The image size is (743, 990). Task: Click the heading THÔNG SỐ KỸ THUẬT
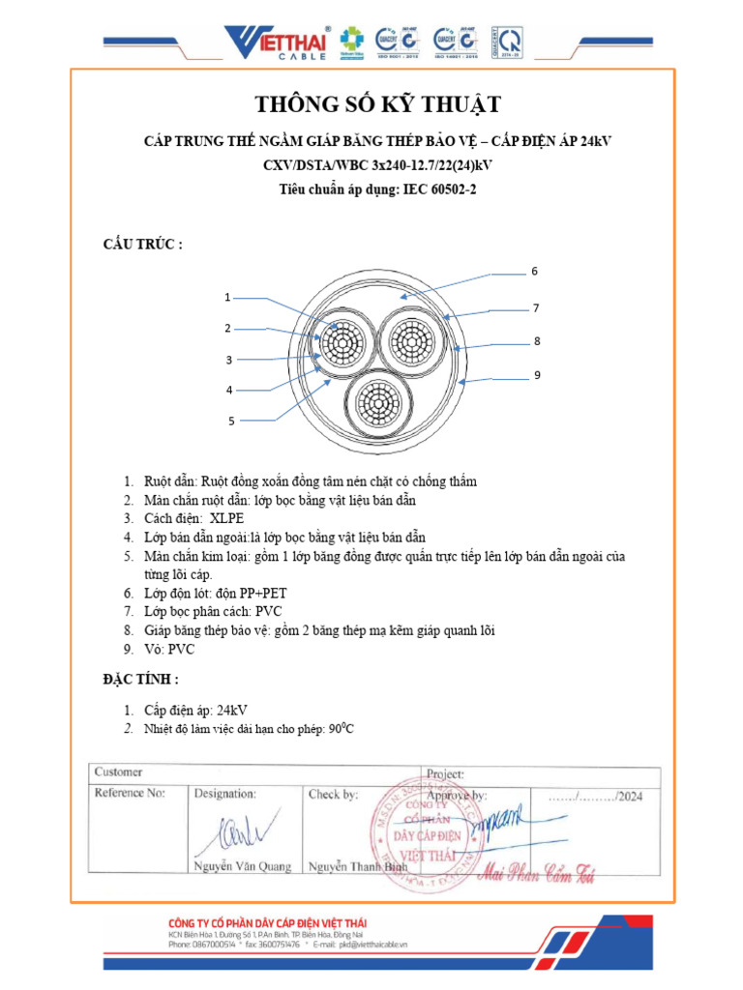point(377,104)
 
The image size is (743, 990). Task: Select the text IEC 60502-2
point(437,189)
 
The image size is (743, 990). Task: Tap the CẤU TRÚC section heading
point(142,244)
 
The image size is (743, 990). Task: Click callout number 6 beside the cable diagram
point(533,272)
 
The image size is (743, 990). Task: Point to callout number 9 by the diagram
point(536,374)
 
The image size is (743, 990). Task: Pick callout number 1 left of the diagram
point(227,297)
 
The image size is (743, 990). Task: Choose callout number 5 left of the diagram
point(231,421)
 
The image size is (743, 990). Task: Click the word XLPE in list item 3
point(227,518)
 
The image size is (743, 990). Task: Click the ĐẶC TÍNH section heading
point(140,680)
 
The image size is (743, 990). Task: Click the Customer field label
point(118,772)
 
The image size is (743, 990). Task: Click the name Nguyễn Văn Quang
point(243,866)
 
